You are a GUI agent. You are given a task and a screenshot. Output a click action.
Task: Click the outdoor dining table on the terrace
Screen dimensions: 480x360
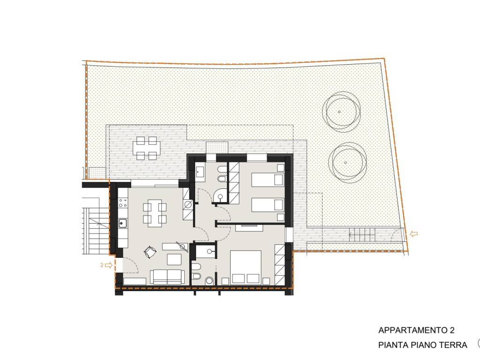tap(147, 148)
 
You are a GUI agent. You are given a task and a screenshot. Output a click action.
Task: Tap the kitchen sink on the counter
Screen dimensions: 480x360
tap(123, 223)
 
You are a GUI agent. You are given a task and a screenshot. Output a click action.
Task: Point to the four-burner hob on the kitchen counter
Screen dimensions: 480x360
tap(123, 203)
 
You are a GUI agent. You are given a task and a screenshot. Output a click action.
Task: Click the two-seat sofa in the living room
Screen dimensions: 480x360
tap(167, 277)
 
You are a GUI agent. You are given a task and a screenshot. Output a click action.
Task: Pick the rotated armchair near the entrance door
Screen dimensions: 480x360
tap(150, 252)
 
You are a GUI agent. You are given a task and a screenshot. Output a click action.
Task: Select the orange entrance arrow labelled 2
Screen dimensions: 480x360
tap(108, 265)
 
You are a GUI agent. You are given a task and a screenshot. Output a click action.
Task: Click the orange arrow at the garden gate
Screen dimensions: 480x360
tap(413, 234)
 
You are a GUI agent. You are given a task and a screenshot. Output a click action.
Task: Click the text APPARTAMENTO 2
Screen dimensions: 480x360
tap(416, 330)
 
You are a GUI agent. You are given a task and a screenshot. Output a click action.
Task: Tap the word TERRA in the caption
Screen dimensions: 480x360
tap(453, 345)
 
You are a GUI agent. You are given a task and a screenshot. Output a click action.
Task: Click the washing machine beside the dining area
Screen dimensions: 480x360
tap(188, 204)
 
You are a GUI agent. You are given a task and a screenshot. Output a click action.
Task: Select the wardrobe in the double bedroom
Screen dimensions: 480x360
tap(280, 265)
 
